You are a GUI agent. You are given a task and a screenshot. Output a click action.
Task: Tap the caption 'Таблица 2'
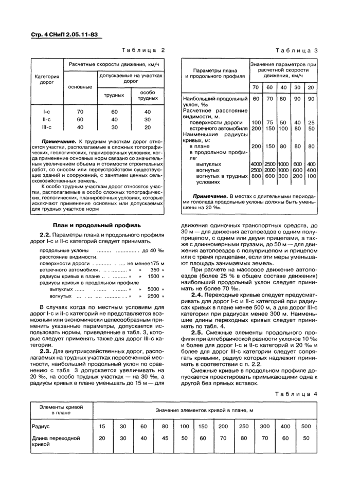click(143, 50)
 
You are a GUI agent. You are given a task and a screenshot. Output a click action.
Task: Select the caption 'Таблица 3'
click(297, 50)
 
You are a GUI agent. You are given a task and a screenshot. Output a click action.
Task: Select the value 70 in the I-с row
click(80, 112)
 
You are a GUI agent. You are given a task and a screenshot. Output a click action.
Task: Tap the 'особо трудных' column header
click(148, 95)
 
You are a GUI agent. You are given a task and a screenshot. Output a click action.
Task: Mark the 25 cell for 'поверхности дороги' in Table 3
click(311, 122)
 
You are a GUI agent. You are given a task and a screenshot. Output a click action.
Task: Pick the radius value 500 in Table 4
click(306, 426)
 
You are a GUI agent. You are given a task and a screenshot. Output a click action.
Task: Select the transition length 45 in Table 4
click(164, 438)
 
